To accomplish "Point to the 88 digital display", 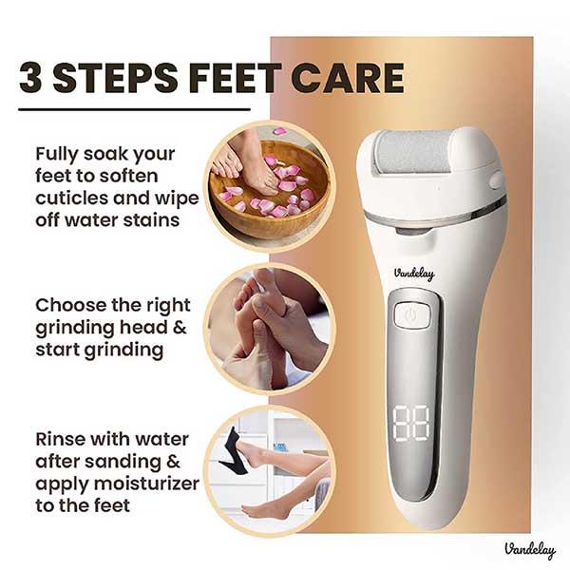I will click(x=411, y=424).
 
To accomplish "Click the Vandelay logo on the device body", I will click(x=414, y=274).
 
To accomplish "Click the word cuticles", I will click(x=74, y=198).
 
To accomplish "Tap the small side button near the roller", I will click(x=496, y=180).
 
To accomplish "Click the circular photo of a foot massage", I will click(x=269, y=329).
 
